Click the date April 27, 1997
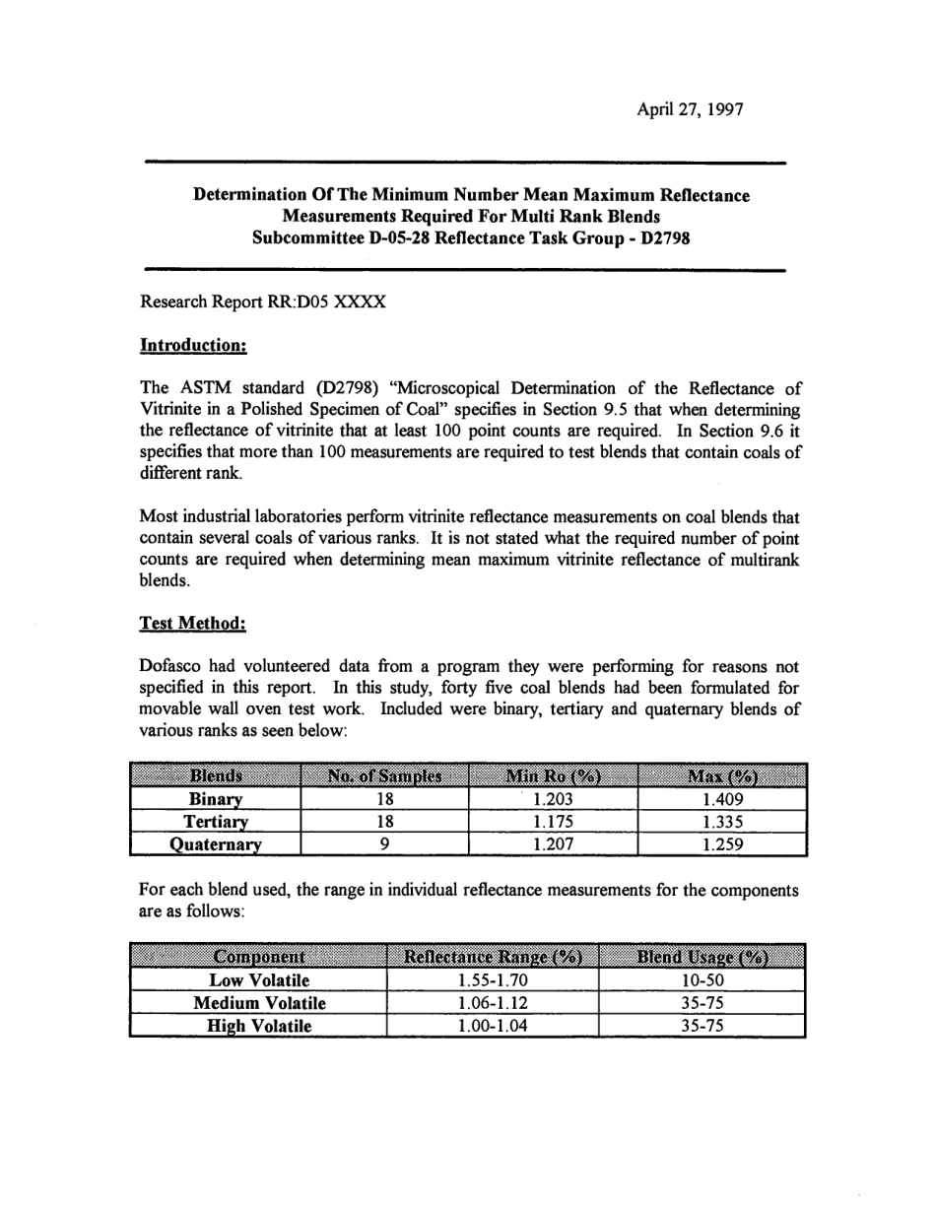[690, 109]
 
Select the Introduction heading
[193, 346]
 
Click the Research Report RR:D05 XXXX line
[263, 303]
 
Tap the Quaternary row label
[215, 844]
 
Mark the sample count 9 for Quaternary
[385, 844]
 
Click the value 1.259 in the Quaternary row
[722, 844]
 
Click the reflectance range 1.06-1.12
[493, 1002]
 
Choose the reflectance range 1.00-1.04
[493, 1026]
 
